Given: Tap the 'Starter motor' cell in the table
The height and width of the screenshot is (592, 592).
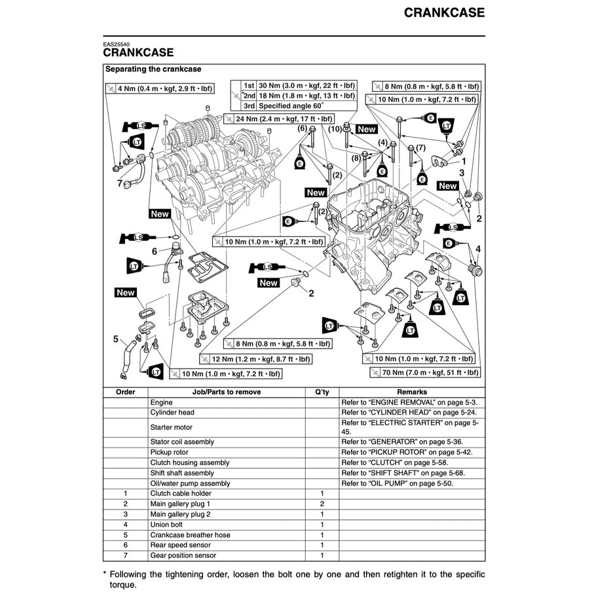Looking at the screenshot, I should coord(172,427).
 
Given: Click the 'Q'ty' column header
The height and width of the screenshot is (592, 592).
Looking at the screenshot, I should coord(322,392).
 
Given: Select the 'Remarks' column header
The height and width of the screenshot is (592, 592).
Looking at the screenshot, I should coord(411,392).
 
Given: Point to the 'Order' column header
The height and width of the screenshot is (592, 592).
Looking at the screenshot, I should coord(125,392).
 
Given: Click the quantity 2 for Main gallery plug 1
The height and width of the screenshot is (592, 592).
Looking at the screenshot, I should coord(322,504).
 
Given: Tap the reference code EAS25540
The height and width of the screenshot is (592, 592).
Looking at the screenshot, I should coord(116,45).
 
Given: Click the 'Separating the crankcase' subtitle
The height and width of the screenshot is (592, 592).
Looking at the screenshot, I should coord(153,69).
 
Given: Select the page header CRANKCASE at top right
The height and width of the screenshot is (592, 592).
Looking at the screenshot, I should coord(444,12).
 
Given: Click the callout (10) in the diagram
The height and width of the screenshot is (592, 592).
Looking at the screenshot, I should coord(335,129).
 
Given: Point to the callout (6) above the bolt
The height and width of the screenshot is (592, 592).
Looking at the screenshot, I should coord(303,128).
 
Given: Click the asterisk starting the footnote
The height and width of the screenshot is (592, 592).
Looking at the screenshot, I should coord(105,574).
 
